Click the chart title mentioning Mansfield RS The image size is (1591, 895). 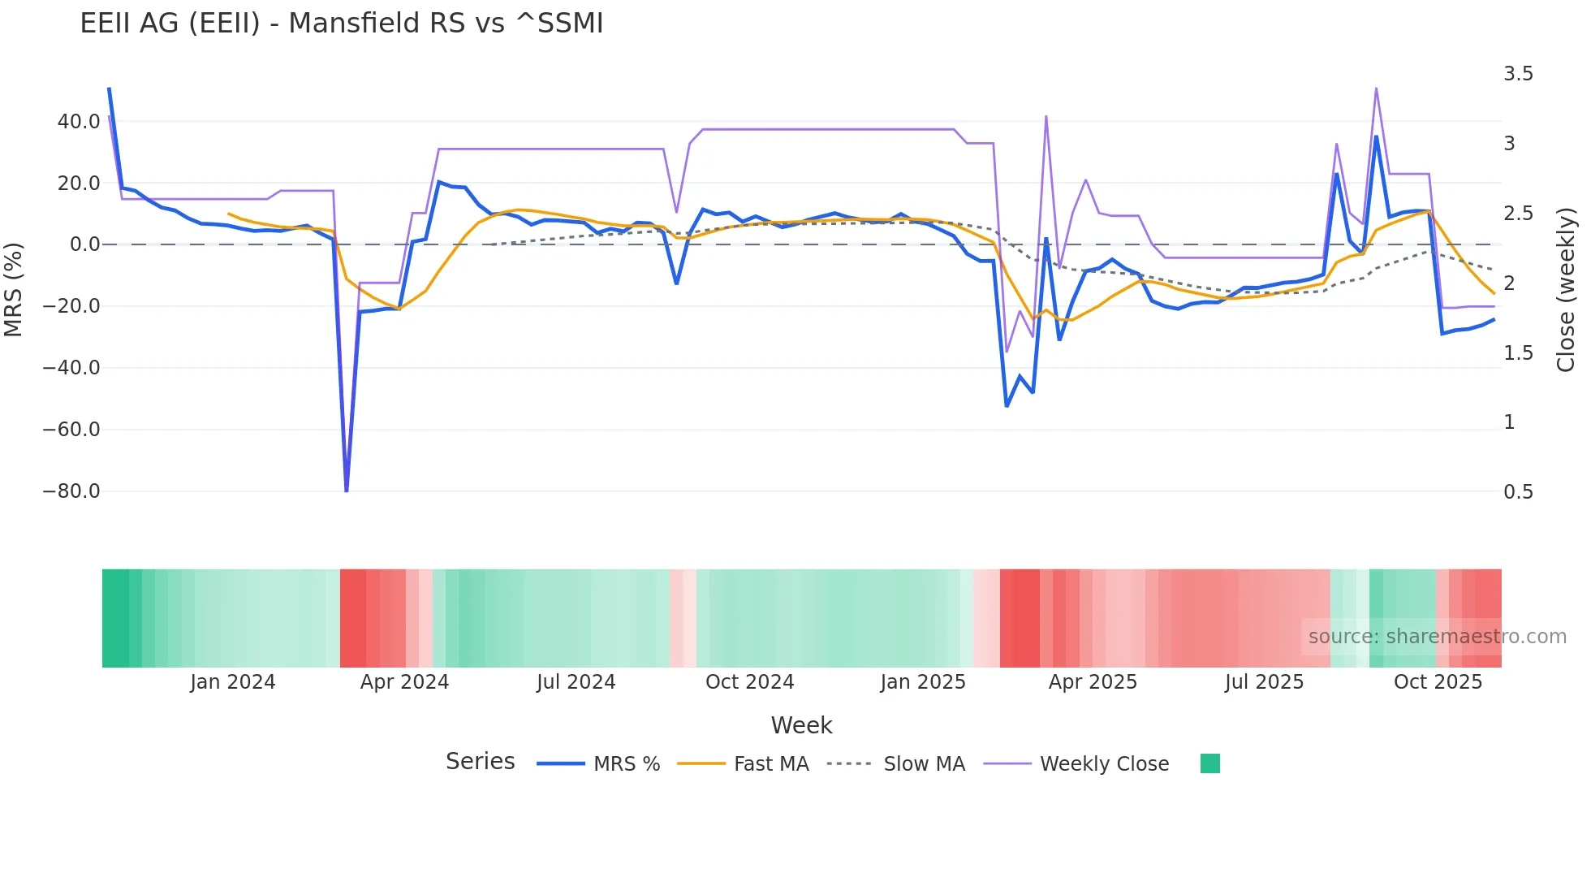(x=341, y=24)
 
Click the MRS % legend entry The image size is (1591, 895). (x=626, y=764)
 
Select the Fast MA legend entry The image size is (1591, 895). (x=770, y=764)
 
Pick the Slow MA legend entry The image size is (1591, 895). (x=924, y=764)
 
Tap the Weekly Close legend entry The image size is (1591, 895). (x=1104, y=764)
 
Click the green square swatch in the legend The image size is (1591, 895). (x=1209, y=763)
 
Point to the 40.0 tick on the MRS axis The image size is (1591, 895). (x=79, y=122)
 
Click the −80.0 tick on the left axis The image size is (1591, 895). (x=71, y=491)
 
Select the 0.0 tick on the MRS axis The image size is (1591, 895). (x=84, y=244)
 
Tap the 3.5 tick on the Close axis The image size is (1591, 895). (x=1518, y=74)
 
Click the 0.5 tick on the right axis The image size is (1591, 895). (x=1518, y=492)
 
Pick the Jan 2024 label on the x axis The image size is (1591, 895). (x=233, y=682)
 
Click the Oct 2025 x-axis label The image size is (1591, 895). (x=1438, y=682)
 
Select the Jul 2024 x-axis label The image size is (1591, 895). (x=576, y=682)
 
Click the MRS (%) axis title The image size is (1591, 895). (x=14, y=290)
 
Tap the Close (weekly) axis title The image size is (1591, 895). (x=1566, y=290)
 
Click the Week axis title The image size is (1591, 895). (x=801, y=725)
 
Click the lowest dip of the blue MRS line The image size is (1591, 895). (x=347, y=491)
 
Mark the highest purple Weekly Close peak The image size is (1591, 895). (x=1376, y=88)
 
